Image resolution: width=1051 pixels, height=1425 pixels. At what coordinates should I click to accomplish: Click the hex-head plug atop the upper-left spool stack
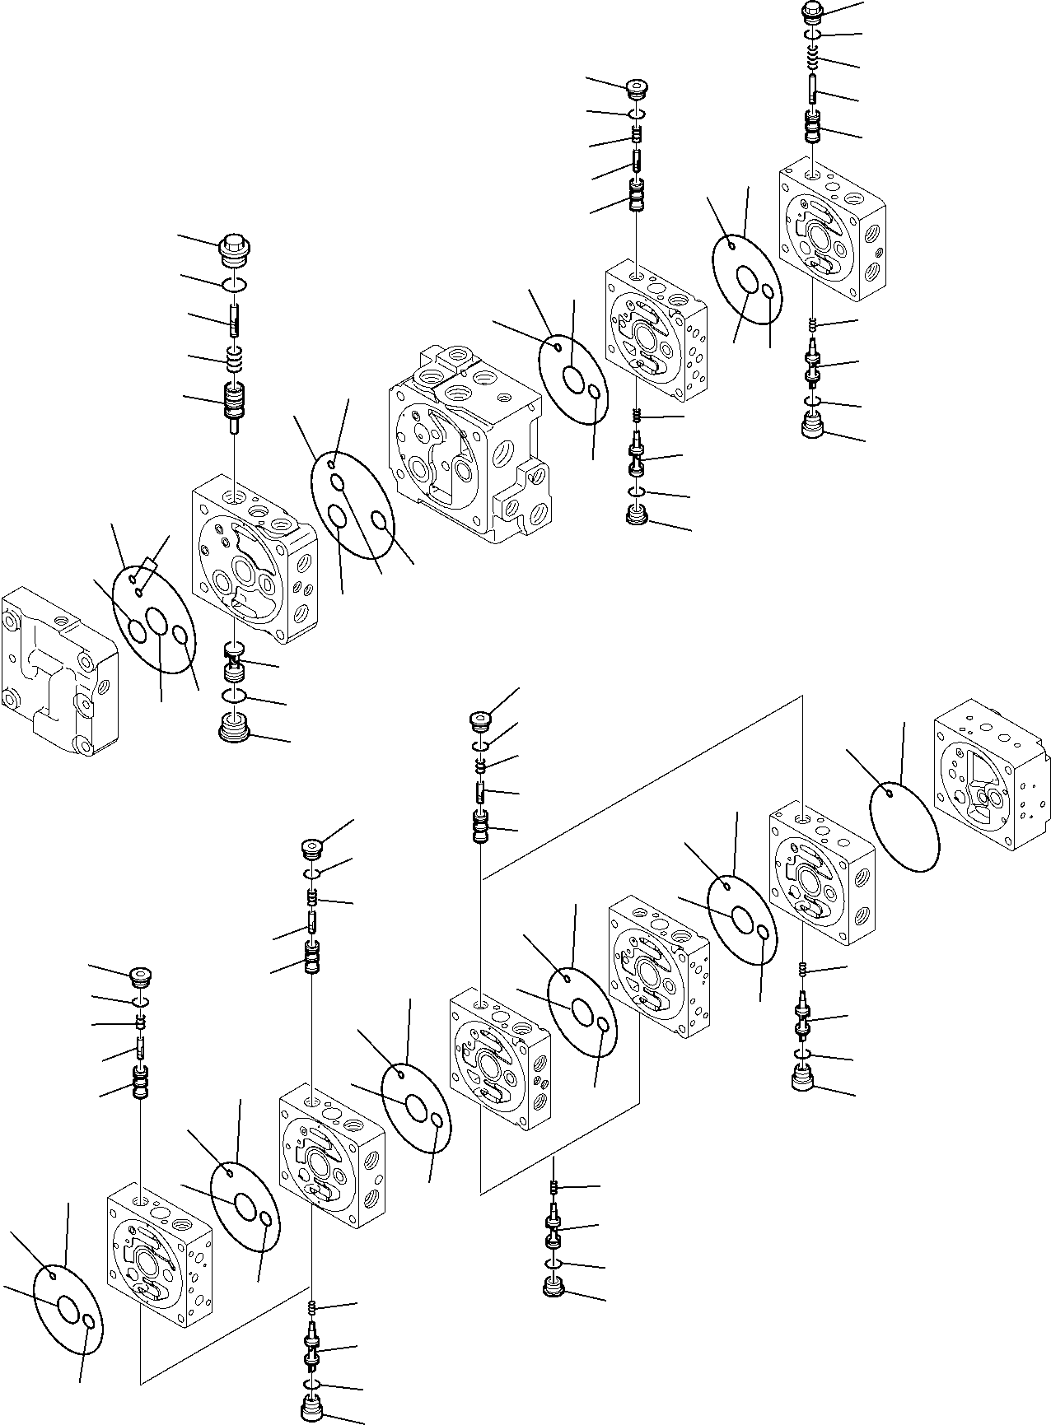click(235, 247)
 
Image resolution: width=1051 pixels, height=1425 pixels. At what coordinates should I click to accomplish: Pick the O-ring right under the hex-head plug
click(235, 284)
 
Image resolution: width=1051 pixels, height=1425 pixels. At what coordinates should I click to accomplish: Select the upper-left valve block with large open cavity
click(251, 556)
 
